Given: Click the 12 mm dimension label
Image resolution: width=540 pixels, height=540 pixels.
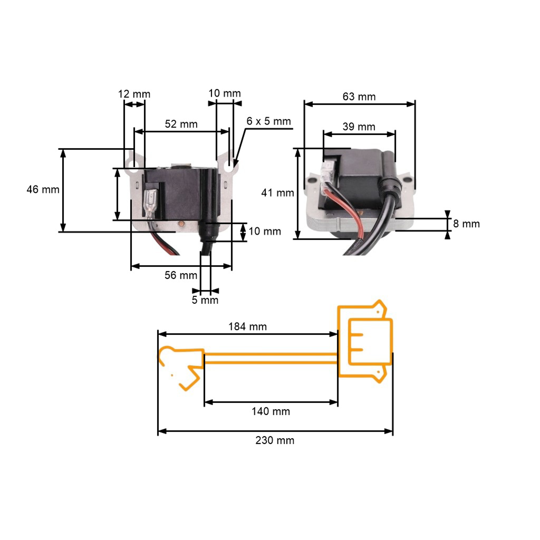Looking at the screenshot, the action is tap(134, 94).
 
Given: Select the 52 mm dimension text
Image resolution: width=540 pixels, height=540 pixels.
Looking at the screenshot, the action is tap(181, 124).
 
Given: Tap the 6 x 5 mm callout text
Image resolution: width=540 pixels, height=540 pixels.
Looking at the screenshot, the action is tap(269, 121).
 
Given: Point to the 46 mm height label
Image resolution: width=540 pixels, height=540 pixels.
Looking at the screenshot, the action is tap(43, 190).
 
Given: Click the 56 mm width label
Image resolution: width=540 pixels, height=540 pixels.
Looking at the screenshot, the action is tap(181, 275).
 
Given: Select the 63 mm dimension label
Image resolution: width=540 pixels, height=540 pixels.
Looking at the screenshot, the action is tap(359, 97).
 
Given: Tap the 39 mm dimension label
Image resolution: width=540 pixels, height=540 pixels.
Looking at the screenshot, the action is tap(359, 127).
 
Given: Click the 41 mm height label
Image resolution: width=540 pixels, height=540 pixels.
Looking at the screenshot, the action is tap(278, 193).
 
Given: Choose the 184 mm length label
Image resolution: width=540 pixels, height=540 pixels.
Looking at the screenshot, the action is tap(248, 327).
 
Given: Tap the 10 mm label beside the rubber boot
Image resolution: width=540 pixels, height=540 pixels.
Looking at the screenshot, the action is tap(265, 231).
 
